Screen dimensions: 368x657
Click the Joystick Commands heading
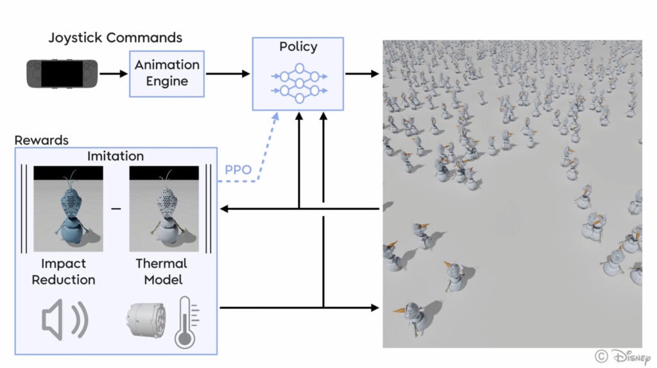pos(115,37)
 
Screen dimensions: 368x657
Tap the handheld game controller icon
pos(62,73)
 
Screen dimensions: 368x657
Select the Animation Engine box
pos(167,74)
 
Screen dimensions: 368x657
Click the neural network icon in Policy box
pos(298,82)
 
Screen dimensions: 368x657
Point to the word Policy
pos(298,47)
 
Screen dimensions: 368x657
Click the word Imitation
pos(116,156)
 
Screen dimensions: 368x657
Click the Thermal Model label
pos(162,272)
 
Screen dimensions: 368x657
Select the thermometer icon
pos(186,321)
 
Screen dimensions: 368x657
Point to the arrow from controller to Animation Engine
pos(114,74)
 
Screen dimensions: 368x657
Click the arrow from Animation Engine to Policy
pos(227,74)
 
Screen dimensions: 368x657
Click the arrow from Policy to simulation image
pos(362,74)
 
